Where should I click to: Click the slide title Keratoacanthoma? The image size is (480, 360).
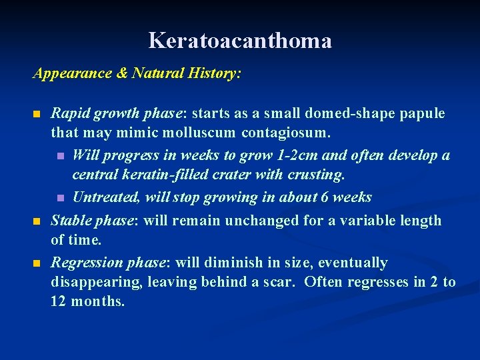[x=240, y=41]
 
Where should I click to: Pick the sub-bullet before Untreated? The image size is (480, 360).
[x=59, y=198]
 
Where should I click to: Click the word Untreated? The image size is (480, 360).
[x=102, y=197]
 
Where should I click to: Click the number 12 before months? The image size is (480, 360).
[x=59, y=301]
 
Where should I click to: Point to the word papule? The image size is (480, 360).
[x=422, y=113]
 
